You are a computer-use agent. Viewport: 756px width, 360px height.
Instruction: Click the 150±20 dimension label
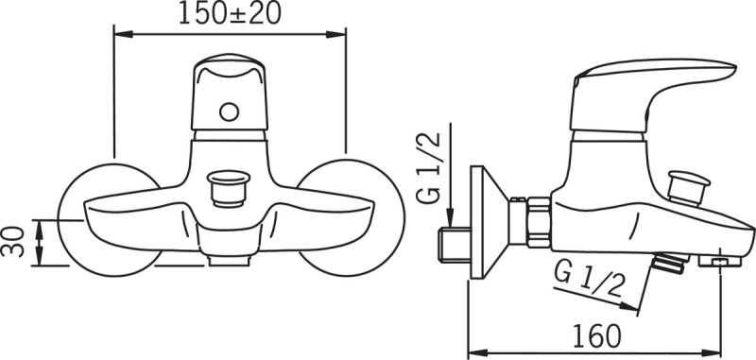pos(230,14)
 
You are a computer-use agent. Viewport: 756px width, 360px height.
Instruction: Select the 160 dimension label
pos(596,335)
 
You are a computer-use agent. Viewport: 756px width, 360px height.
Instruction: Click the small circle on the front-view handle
pos(229,112)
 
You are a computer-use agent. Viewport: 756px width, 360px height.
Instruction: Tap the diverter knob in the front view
pos(228,187)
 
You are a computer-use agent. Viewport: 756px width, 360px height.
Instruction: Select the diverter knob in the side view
pos(688,187)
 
